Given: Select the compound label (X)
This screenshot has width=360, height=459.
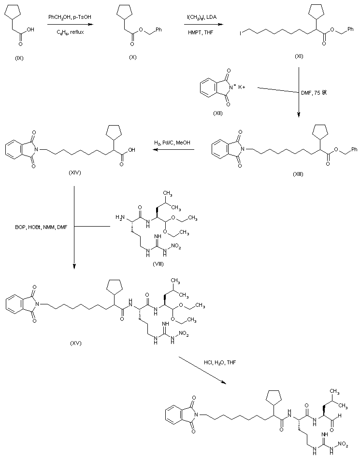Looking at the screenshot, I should click(x=133, y=57).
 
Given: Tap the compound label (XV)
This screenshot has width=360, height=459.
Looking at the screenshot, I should click(x=75, y=343).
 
